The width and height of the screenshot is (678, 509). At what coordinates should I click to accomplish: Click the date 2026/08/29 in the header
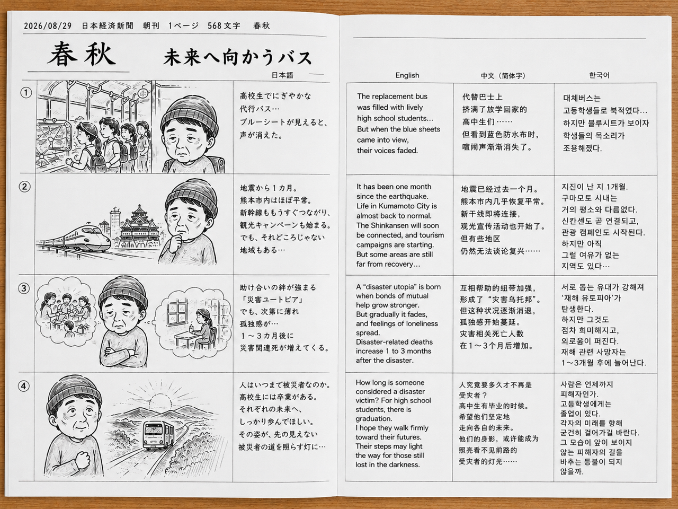coord(48,26)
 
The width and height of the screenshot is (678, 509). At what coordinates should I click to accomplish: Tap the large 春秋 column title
coord(82,55)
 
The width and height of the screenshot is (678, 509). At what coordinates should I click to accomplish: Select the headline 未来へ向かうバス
coord(237,57)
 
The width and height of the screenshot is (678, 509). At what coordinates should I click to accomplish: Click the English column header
coord(407,75)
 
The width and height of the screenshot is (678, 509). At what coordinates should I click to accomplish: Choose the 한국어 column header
coord(599,75)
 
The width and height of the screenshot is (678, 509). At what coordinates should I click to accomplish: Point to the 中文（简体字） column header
coord(503,76)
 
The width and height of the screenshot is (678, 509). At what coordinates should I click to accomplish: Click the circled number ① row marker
coord(26,93)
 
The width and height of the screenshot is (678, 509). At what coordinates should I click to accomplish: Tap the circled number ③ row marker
coord(24,288)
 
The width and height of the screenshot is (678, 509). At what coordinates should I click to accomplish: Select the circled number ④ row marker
coord(24,386)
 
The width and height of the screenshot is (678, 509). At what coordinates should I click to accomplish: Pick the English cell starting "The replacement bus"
coord(398,124)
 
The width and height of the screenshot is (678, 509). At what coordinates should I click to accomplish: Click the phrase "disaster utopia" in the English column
coord(388,287)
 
